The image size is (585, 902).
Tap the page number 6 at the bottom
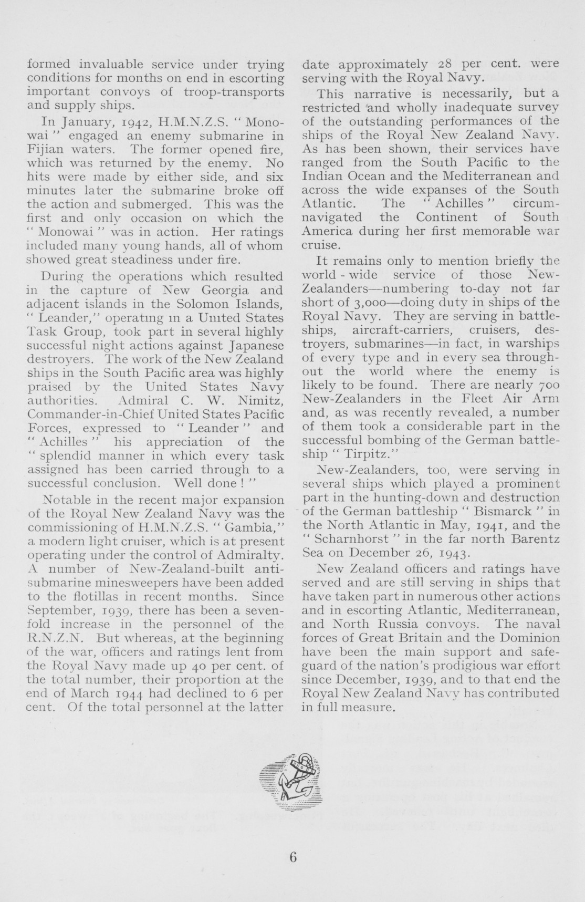pos(292,856)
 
